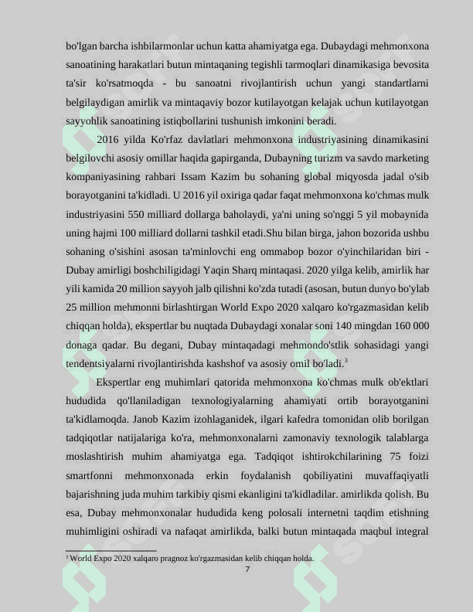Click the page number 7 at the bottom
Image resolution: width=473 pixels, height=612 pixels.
(247, 569)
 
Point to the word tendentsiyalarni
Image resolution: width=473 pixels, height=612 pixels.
(101, 363)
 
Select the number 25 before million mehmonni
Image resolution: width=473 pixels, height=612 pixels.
(72, 308)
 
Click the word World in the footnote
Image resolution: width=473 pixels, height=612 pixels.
(83, 557)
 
